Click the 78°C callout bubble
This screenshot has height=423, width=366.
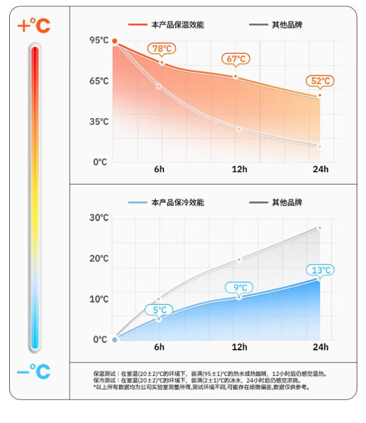tap(162, 49)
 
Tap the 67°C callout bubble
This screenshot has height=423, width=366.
tap(236, 59)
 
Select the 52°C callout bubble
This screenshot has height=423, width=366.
tap(320, 81)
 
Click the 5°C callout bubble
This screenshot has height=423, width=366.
tap(160, 310)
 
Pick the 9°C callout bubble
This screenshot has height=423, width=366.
tap(239, 288)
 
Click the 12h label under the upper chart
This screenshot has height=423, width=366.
tap(239, 169)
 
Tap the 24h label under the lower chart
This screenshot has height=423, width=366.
tap(321, 347)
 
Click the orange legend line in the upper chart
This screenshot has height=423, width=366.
tap(138, 24)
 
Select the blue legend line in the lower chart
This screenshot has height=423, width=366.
tap(138, 202)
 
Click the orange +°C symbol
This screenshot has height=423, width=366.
tap(34, 25)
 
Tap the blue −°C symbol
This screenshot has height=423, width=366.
tap(34, 372)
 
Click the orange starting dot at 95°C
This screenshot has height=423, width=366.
tap(115, 41)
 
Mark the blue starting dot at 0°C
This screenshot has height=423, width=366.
tap(115, 340)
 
